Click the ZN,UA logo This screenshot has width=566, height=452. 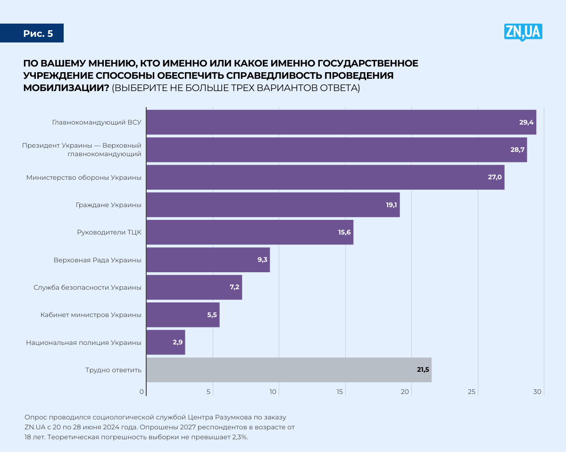523,32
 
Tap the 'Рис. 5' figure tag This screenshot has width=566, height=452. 38,33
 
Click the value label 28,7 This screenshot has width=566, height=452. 517,150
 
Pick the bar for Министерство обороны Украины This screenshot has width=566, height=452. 325,177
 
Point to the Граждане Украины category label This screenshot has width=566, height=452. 108,205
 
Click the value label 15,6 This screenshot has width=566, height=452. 345,232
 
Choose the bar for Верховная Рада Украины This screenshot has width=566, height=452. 208,259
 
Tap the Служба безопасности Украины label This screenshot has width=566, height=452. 87,287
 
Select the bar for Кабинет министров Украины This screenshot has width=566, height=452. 183,315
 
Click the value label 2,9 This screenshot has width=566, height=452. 178,342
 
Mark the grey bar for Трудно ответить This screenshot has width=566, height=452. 289,370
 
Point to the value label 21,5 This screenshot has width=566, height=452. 423,370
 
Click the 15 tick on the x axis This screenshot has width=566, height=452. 340,392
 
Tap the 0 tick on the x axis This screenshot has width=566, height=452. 142,392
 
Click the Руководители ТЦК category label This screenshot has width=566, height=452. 109,232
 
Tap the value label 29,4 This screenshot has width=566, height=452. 526,122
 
